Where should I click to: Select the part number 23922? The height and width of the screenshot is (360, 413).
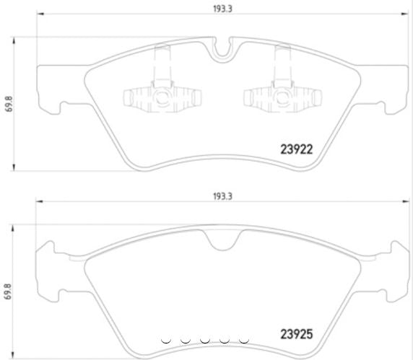(x=295, y=150)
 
